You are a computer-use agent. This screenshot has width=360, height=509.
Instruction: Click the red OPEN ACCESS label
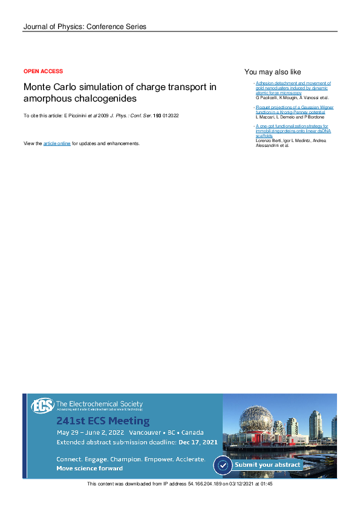pos(43,71)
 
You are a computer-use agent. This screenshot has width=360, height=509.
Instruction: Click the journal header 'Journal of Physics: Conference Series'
pos(84,27)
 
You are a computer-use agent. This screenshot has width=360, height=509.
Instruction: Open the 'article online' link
pos(57,143)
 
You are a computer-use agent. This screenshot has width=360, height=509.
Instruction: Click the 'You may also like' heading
pos(272,72)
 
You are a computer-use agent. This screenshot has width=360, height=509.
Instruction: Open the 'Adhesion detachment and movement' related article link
pos(293,83)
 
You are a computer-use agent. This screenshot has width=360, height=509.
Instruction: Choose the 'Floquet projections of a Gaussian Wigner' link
pos(294,107)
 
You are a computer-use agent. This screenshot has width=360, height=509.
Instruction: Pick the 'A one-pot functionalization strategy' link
pos(293,126)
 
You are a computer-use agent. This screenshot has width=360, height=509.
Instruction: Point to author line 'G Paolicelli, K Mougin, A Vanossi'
pos(292,97)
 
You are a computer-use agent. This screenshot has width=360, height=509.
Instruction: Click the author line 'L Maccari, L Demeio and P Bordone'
pos(290,117)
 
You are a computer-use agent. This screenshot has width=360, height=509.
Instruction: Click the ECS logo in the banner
pos(42,406)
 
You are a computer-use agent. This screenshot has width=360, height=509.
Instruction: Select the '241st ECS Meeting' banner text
pos(103,421)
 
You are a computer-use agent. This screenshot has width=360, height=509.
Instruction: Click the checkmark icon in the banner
pos(223,465)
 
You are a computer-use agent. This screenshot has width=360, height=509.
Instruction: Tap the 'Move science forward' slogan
pos(90,468)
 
